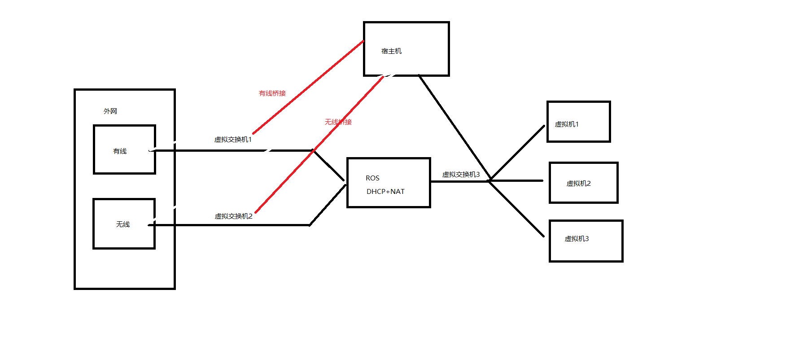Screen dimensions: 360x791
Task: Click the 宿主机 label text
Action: click(x=391, y=51)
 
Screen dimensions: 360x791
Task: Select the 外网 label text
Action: click(x=110, y=111)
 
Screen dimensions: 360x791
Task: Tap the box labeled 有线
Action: click(x=124, y=149)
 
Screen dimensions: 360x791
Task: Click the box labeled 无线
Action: click(x=124, y=224)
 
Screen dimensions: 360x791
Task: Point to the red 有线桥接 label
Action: click(x=272, y=93)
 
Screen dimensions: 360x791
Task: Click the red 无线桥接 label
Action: click(x=338, y=122)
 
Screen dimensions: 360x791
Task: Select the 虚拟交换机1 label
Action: click(x=233, y=140)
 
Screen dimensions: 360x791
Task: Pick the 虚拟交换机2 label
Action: click(x=233, y=216)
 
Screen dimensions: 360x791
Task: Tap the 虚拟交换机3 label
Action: click(x=461, y=175)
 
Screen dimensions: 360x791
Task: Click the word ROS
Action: click(x=372, y=178)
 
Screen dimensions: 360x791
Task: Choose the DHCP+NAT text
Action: click(x=385, y=192)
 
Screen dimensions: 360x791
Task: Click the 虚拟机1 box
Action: click(x=578, y=122)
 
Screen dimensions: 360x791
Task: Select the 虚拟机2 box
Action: click(x=583, y=183)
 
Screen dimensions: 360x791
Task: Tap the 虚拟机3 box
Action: click(x=586, y=241)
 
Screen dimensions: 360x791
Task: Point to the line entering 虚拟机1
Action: click(x=518, y=153)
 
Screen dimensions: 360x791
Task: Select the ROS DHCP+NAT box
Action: click(x=389, y=183)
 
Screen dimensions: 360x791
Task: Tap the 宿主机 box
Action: click(x=406, y=49)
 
